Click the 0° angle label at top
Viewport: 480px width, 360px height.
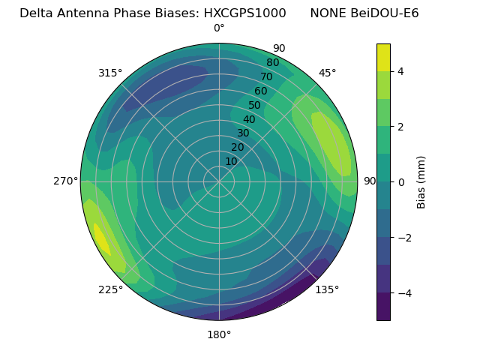[x=219, y=28]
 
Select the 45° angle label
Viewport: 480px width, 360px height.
[x=327, y=73]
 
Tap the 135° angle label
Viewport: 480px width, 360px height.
[x=327, y=289]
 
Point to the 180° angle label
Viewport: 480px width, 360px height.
[x=219, y=334]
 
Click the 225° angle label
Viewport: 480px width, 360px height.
[x=110, y=289]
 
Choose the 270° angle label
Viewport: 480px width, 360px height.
[x=66, y=181]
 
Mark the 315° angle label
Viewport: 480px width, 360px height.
[x=110, y=73]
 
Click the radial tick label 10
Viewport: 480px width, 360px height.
[x=231, y=161]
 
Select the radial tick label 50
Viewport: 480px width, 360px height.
[x=255, y=105]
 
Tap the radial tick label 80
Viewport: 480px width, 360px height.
[x=272, y=63]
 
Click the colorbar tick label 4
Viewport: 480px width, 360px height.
[x=401, y=71]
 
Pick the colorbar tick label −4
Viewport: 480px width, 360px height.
[x=401, y=292]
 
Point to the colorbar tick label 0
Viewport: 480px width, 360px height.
[x=401, y=181]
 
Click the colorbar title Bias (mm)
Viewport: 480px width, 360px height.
[x=421, y=181]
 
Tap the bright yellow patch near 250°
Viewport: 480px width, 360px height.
[x=101, y=240]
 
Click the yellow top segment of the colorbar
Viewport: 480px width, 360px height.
[x=383, y=58]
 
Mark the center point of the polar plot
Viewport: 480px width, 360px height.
[x=219, y=181]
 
